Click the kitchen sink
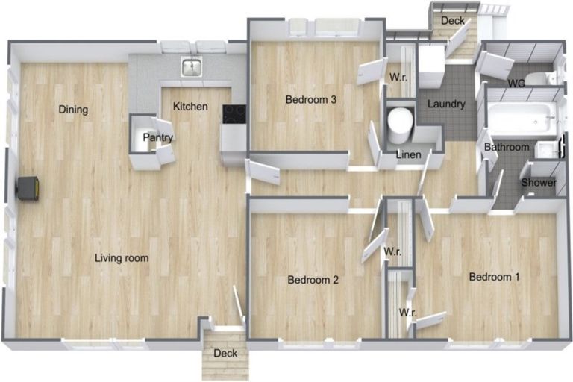point(192,67)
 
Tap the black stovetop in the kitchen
point(234,113)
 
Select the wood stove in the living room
point(28,188)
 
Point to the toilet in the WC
point(542,78)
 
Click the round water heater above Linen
point(401,125)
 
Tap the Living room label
point(122,258)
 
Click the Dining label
point(73,109)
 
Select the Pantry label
point(158,137)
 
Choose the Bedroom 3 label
point(311,99)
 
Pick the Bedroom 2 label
point(313,280)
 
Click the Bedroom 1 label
point(494,277)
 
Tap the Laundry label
point(446,104)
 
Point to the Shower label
point(539,182)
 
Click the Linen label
point(409,154)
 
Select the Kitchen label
point(190,107)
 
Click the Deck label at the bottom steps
point(225,353)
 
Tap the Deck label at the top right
point(453,20)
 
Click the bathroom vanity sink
point(545,150)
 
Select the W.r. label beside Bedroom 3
point(398,77)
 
